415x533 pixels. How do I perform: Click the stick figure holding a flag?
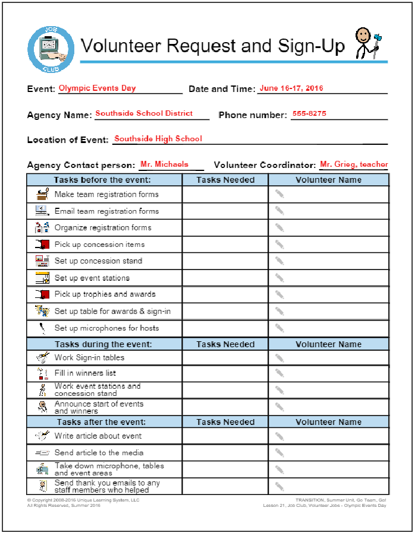click(365, 43)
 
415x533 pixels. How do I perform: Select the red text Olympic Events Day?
click(97, 88)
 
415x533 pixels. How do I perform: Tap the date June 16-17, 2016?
click(291, 88)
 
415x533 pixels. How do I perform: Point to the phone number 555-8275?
click(309, 114)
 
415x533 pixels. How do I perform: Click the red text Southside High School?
click(158, 139)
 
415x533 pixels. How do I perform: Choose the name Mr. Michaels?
click(165, 164)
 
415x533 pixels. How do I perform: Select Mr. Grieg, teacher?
click(354, 164)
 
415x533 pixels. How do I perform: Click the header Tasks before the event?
click(102, 180)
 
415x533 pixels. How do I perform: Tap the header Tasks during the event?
click(103, 344)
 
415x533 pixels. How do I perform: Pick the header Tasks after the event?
click(102, 422)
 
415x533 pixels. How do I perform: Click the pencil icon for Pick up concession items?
click(279, 244)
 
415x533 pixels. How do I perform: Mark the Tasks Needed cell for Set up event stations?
click(225, 278)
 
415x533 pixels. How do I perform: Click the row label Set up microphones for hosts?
click(107, 328)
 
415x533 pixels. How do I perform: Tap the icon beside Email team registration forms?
click(41, 211)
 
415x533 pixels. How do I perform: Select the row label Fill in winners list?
click(85, 373)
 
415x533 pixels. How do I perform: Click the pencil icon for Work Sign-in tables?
click(279, 358)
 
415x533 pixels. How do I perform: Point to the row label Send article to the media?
click(99, 453)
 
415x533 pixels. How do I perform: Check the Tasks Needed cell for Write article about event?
click(225, 436)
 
